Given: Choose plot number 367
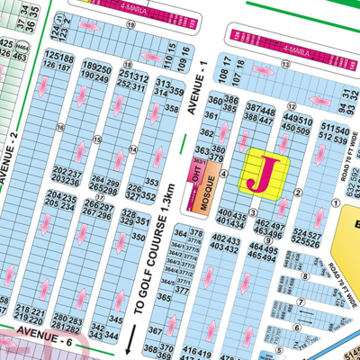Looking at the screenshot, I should [x=155, y=331].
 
